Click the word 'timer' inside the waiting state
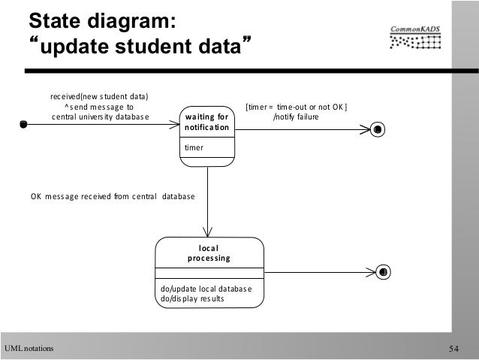tap(194, 149)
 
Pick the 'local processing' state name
tap(209, 253)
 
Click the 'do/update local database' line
tap(206, 288)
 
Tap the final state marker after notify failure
tap(378, 129)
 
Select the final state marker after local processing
tap(383, 271)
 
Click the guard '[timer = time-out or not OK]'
tap(297, 106)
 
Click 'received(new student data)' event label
tap(99, 96)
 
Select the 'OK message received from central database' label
tap(112, 197)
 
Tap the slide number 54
tap(455, 348)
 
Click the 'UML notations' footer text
tap(29, 348)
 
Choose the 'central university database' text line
tap(100, 117)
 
